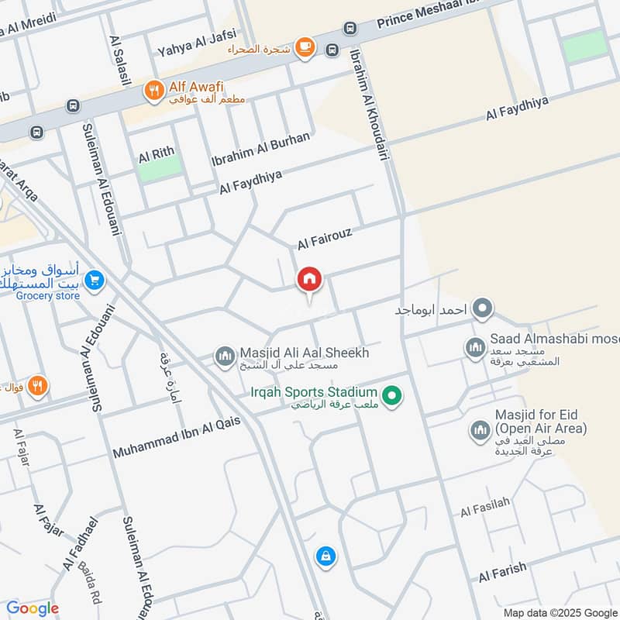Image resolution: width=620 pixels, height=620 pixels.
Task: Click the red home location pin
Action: pyautogui.click(x=309, y=280)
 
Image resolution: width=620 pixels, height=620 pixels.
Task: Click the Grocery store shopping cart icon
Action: pyautogui.click(x=95, y=281)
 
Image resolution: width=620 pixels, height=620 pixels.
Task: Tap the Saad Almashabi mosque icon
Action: pyautogui.click(x=475, y=348)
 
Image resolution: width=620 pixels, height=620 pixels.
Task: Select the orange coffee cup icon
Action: pyautogui.click(x=305, y=47)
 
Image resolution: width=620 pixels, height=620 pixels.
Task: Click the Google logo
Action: pyautogui.click(x=32, y=608)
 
